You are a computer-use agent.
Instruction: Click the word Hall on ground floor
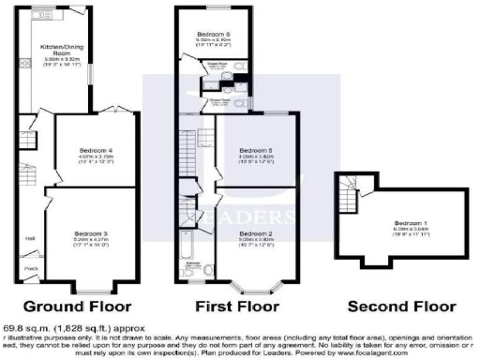(x=29, y=237)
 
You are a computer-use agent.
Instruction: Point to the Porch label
(x=31, y=267)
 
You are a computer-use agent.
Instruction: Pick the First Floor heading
(x=237, y=306)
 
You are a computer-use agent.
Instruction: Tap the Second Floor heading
(x=400, y=306)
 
